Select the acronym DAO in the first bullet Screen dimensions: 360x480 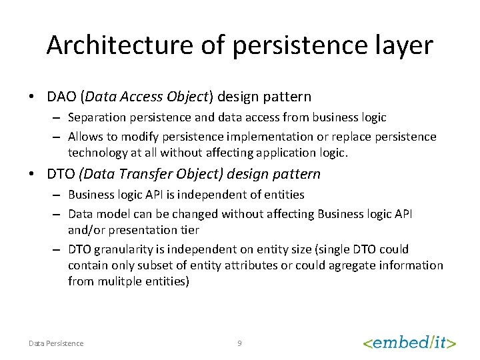click(x=61, y=97)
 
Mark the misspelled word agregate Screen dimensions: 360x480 click(x=351, y=265)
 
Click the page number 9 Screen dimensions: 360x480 click(x=239, y=343)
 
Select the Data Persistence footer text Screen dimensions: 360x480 click(x=56, y=343)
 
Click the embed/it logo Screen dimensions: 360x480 click(x=409, y=343)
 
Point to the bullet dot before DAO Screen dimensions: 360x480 click(x=32, y=97)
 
